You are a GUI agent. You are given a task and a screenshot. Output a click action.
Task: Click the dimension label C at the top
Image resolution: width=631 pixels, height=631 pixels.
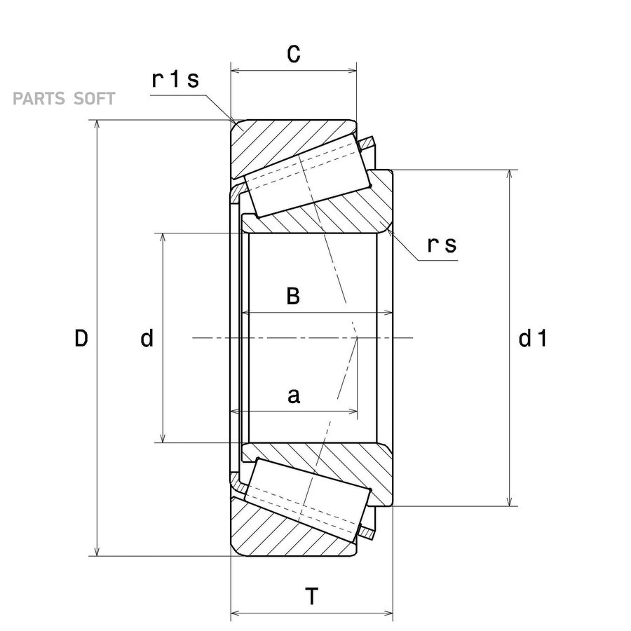coord(294,54)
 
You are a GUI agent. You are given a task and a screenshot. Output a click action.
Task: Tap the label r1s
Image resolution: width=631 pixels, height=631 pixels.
coord(175,79)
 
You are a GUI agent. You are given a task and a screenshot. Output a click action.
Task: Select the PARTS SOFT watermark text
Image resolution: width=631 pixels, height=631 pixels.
coord(64,99)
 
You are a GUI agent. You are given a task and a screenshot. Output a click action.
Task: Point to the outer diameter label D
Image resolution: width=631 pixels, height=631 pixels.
coord(81,338)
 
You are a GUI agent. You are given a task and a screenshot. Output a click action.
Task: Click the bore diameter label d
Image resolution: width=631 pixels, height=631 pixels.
coord(147,338)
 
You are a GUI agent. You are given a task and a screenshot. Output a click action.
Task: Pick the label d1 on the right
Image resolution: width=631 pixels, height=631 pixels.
coord(533,338)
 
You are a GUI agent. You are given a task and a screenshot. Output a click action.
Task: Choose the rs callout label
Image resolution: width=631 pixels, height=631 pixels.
coord(442,245)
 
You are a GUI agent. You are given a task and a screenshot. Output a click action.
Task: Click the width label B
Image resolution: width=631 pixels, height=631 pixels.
coord(293,296)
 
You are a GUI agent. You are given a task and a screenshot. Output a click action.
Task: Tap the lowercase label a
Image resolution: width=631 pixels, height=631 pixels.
coord(294,396)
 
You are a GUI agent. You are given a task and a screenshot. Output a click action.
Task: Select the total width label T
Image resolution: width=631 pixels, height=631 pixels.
coord(311,597)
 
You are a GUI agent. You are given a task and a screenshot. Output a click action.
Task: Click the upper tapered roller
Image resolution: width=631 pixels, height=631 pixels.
coord(306,175)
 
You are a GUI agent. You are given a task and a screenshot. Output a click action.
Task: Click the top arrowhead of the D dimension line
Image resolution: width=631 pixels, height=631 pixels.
coord(97,123)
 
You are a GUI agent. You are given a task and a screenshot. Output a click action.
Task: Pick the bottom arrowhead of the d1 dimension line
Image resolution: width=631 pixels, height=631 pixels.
coord(510,502)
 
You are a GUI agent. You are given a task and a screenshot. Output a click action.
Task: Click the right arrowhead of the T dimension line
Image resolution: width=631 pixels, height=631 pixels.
coord(388,613)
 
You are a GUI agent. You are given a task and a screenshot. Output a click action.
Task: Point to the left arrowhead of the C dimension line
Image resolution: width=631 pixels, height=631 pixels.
coord(235,72)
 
